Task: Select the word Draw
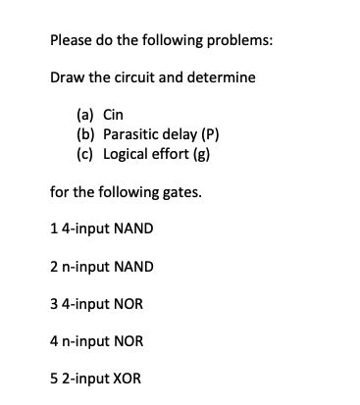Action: pos(68,76)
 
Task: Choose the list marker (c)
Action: pos(86,155)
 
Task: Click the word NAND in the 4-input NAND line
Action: pos(133,228)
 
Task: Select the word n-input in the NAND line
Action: pos(85,266)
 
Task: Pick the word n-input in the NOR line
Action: pos(85,341)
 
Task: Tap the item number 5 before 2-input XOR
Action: pos(53,379)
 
